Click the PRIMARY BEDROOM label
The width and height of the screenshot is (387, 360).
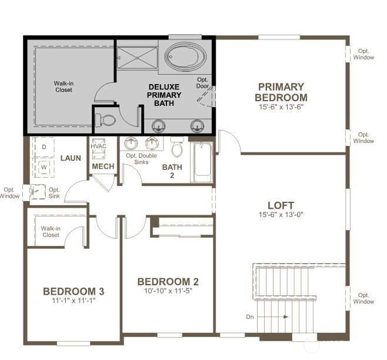[x=281, y=92]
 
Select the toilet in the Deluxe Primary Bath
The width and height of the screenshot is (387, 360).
[x=108, y=121]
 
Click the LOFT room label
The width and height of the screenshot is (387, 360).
[x=281, y=205]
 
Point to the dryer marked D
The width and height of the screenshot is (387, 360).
[x=44, y=146]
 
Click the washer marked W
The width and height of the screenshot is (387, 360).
[x=44, y=167]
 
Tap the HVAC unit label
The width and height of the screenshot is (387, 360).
[x=98, y=146]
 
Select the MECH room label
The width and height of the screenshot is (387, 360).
[x=103, y=167]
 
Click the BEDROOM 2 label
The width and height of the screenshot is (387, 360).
[x=168, y=281]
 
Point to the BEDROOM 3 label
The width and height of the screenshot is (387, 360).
[x=74, y=291]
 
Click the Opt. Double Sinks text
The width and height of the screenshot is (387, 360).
[x=137, y=158]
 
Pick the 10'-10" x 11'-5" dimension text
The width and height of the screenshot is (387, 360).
[x=168, y=291]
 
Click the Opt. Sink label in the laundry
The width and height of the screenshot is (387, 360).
[x=54, y=192]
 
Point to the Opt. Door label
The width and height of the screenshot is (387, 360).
[x=203, y=83]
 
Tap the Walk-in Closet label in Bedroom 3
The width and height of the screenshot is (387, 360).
[x=51, y=231]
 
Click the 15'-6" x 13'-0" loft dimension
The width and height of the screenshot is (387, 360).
[x=281, y=215]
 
